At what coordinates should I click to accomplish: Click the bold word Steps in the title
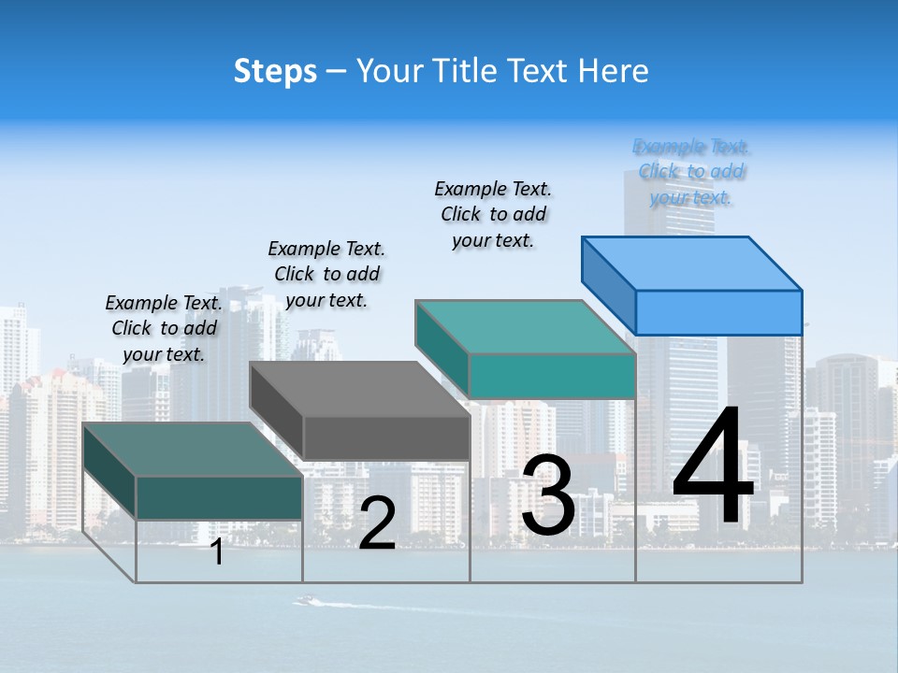pyautogui.click(x=275, y=71)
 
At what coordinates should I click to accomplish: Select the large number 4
pyautogui.click(x=713, y=467)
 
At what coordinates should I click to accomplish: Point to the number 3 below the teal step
pyautogui.click(x=548, y=495)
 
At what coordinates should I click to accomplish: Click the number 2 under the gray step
pyautogui.click(x=377, y=524)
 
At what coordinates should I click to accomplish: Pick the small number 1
pyautogui.click(x=217, y=551)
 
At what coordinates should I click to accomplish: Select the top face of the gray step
pyautogui.click(x=359, y=389)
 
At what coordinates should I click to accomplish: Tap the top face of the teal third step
pyautogui.click(x=526, y=327)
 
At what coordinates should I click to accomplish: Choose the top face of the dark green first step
pyautogui.click(x=193, y=450)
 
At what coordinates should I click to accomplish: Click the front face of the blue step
pyautogui.click(x=718, y=312)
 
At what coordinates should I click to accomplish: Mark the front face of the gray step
pyautogui.click(x=386, y=437)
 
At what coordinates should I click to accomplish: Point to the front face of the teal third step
pyautogui.click(x=552, y=376)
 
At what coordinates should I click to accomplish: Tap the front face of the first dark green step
pyautogui.click(x=219, y=497)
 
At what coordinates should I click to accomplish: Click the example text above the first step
pyautogui.click(x=164, y=328)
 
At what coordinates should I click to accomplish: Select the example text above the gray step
pyautogui.click(x=326, y=274)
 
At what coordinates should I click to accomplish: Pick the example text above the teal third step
pyautogui.click(x=493, y=214)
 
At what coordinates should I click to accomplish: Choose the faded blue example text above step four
pyautogui.click(x=691, y=172)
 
